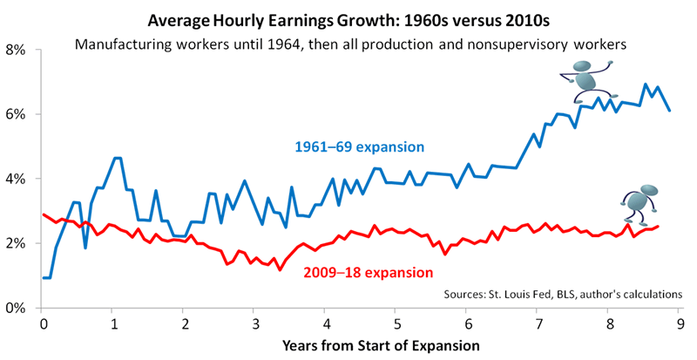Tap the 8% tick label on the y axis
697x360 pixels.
pos(20,51)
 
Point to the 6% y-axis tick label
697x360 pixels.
pos(20,115)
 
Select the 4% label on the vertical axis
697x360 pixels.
pos(20,179)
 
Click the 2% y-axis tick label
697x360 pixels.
pos(20,243)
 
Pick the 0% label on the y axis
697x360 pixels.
pos(20,308)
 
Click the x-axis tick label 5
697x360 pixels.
pos(396,322)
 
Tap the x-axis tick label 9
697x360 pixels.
pos(678,322)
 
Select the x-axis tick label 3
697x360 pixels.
pos(254,322)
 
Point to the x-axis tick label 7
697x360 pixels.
pos(537,322)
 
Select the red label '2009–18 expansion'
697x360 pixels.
pos(368,272)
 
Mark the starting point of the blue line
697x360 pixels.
pos(44,278)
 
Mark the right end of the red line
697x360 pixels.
pos(656,227)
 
